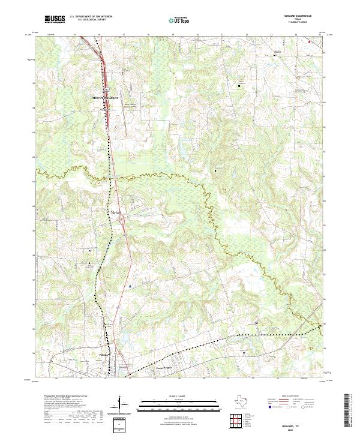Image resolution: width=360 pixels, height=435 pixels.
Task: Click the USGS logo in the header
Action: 55,19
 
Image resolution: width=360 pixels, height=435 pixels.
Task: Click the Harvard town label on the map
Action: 116,212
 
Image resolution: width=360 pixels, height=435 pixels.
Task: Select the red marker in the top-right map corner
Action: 310,41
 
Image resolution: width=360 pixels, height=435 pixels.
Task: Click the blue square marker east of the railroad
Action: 130,286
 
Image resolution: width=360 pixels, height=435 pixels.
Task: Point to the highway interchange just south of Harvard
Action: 122,223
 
